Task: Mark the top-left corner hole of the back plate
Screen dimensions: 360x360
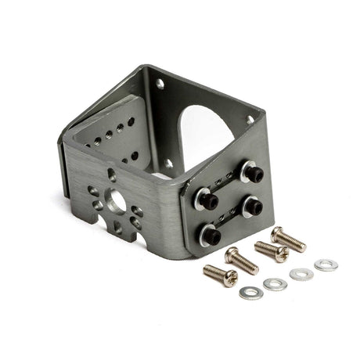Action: coord(160,82)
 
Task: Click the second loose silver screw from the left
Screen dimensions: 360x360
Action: coord(242,259)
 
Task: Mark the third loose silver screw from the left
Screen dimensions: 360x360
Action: coord(270,250)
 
